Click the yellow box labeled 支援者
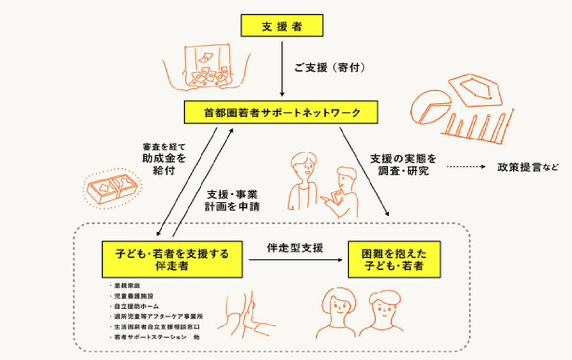(282, 26)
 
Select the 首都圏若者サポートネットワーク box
(282, 113)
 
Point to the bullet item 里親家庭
(128, 286)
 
